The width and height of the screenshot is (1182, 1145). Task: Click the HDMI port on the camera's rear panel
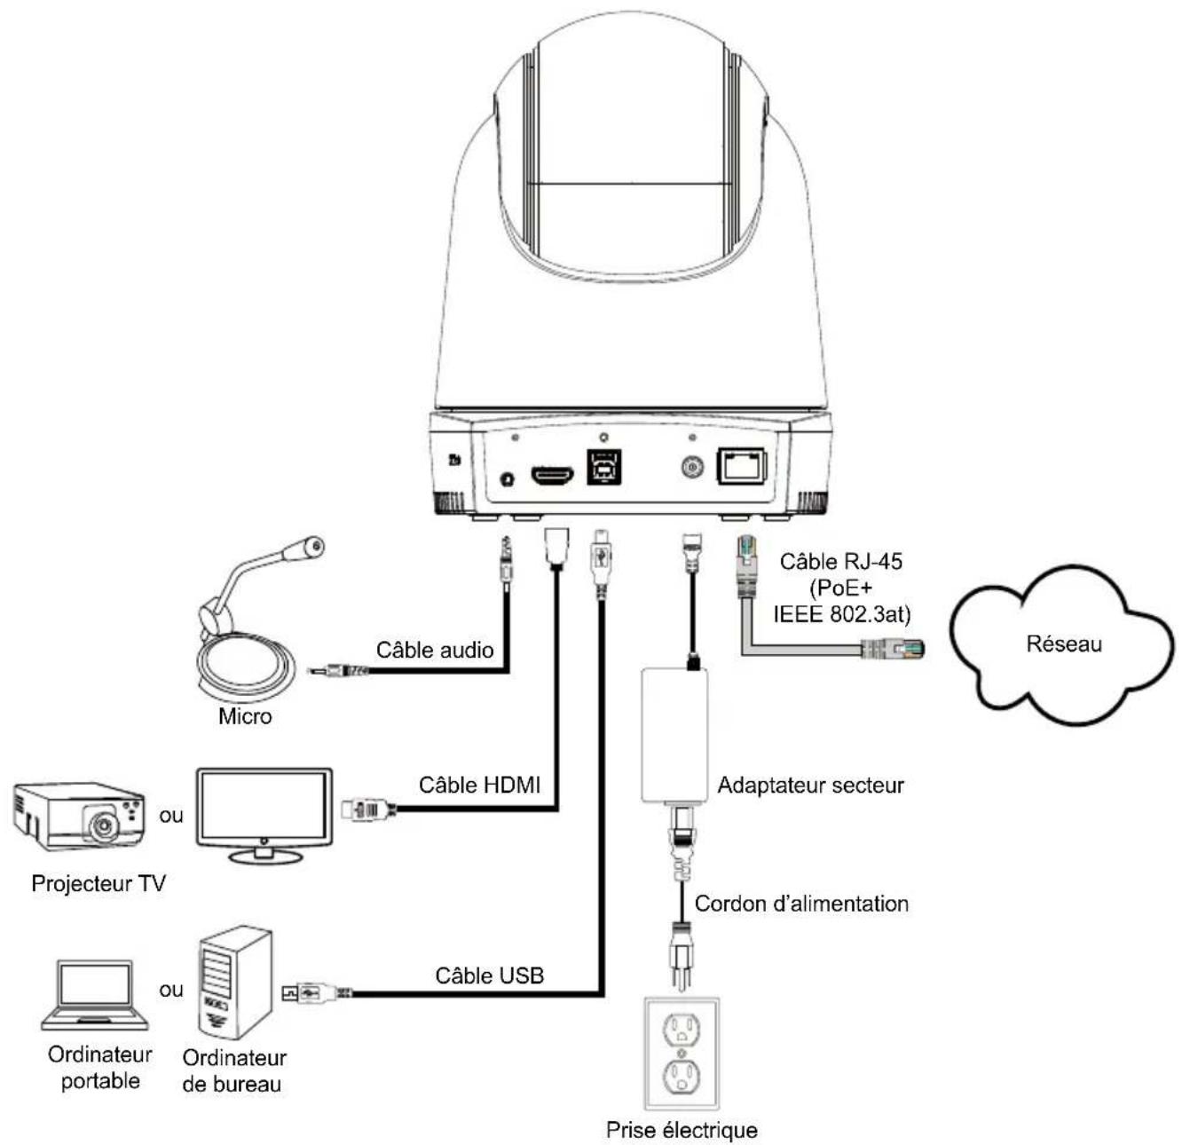tap(552, 474)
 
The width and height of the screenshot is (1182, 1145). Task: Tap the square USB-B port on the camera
tap(604, 467)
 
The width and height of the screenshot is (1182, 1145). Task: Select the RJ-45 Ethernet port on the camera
tap(742, 466)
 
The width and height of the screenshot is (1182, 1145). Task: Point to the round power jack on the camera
tap(691, 467)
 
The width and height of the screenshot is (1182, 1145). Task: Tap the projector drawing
tap(80, 816)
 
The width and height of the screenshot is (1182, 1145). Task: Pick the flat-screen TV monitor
tap(264, 815)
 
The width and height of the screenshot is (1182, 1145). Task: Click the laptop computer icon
tap(95, 994)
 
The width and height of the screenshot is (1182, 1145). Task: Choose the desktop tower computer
tap(235, 983)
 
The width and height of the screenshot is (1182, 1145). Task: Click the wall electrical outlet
tap(681, 1054)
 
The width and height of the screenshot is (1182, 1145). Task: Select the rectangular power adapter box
tap(674, 736)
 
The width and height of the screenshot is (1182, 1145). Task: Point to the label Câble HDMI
tap(479, 785)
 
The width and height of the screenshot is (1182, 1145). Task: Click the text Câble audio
tap(435, 650)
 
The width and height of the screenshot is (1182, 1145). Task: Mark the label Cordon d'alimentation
tap(801, 904)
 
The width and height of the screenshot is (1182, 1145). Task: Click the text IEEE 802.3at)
tap(842, 614)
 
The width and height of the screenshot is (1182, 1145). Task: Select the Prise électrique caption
tap(682, 1130)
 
